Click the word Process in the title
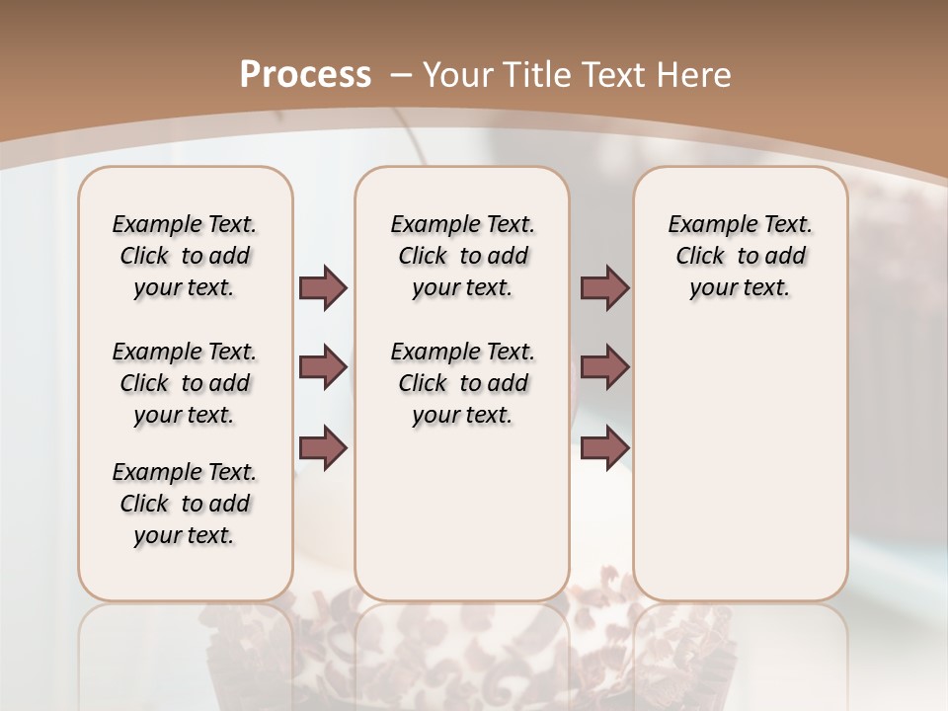tap(305, 75)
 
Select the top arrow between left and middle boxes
tap(323, 287)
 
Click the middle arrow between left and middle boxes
tap(323, 367)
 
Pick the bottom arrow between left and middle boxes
tap(323, 447)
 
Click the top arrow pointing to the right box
tap(604, 287)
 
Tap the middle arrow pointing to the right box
tap(604, 367)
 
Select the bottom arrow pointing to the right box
tap(604, 447)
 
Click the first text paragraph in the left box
tap(185, 256)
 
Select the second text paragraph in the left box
tap(185, 383)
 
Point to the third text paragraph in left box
tap(185, 504)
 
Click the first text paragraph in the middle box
tap(462, 256)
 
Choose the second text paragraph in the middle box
tap(462, 383)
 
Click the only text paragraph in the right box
tap(740, 256)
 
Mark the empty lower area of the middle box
tap(462, 513)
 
